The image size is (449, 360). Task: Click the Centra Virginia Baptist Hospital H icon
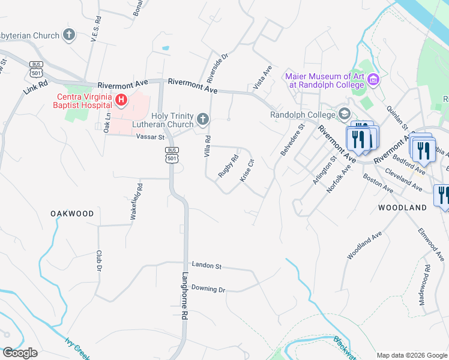pyautogui.click(x=122, y=100)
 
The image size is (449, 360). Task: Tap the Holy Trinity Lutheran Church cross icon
pyautogui.click(x=203, y=120)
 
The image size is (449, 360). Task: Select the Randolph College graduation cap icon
pyautogui.click(x=345, y=113)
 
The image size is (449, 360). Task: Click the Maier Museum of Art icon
pyautogui.click(x=373, y=80)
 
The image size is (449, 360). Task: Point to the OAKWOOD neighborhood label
pyautogui.click(x=72, y=214)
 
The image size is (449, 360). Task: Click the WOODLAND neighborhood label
pyautogui.click(x=402, y=208)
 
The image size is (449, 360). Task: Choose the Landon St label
pyautogui.click(x=207, y=265)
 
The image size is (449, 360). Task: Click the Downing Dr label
pyautogui.click(x=208, y=289)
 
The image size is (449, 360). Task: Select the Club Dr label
pyautogui.click(x=98, y=261)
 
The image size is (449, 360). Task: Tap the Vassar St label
pyautogui.click(x=150, y=137)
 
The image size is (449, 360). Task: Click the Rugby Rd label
pyautogui.click(x=228, y=166)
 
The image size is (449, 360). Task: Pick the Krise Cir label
pyautogui.click(x=248, y=170)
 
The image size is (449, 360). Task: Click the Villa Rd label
pyautogui.click(x=207, y=147)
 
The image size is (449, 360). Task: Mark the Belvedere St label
pyautogui.click(x=292, y=140)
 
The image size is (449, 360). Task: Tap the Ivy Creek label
pyautogui.click(x=78, y=349)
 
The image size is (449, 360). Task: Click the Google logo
pyautogui.click(x=20, y=353)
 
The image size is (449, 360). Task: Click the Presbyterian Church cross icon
pyautogui.click(x=69, y=35)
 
